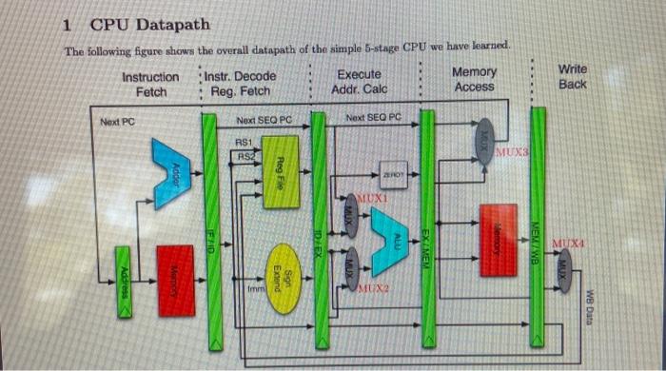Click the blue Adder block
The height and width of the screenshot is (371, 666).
pyautogui.click(x=171, y=172)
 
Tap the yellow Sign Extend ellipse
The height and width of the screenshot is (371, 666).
pyautogui.click(x=281, y=270)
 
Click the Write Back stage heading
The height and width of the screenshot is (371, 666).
pyautogui.click(x=572, y=77)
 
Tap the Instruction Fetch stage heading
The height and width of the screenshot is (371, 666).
pyautogui.click(x=150, y=84)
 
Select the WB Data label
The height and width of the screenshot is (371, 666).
pyautogui.click(x=590, y=306)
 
